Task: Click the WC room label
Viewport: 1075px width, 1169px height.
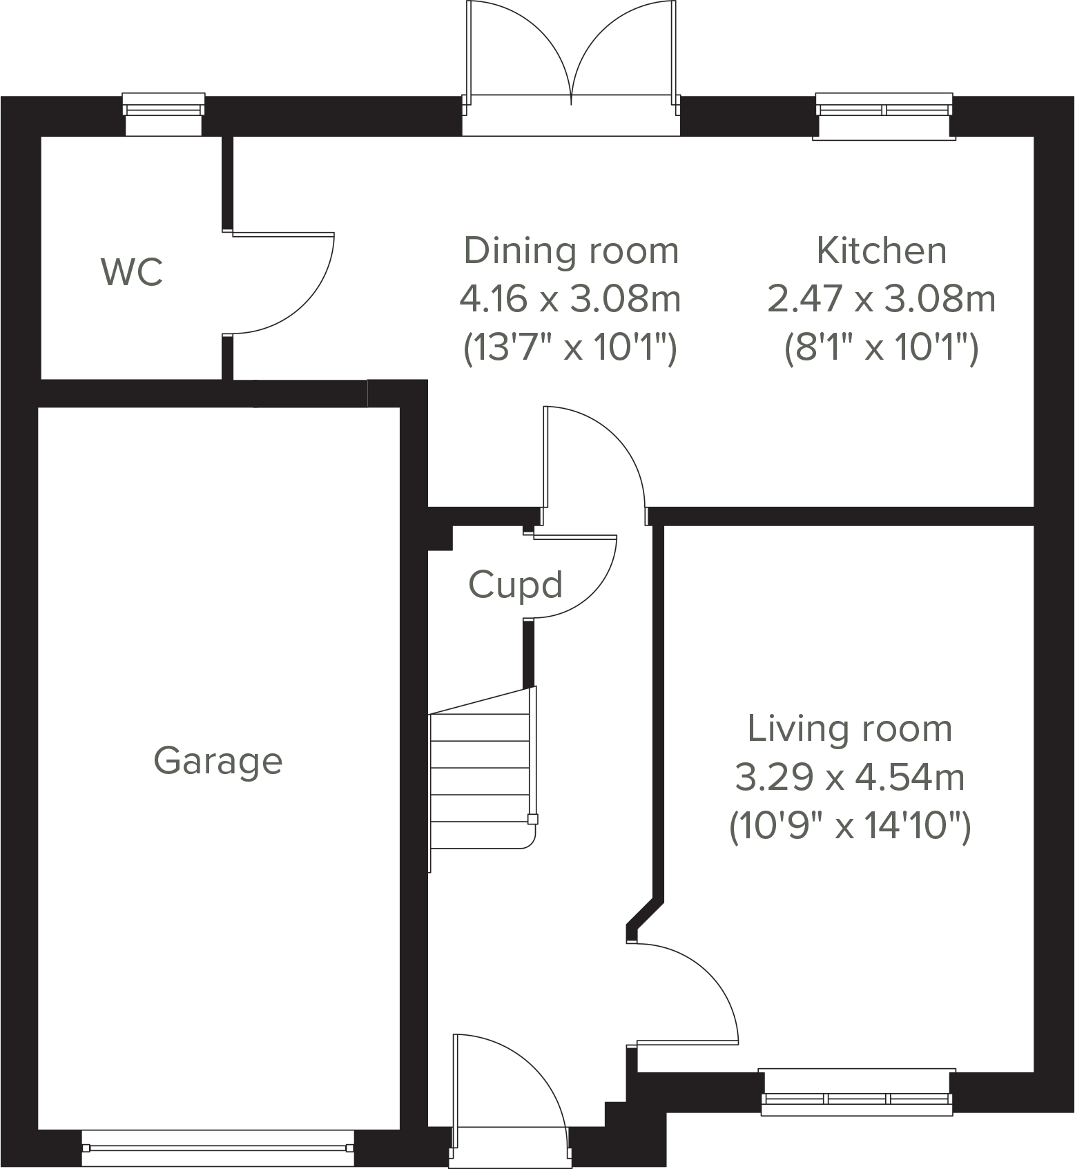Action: (132, 272)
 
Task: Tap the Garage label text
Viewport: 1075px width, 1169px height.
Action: (218, 761)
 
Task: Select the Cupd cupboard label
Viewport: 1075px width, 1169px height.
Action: (515, 585)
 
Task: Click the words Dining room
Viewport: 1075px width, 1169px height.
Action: (571, 251)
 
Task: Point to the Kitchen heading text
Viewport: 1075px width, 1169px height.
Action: (881, 251)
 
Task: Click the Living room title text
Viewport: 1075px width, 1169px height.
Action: (849, 728)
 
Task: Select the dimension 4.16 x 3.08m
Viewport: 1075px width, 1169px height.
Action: (570, 300)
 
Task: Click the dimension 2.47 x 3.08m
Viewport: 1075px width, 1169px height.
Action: (881, 300)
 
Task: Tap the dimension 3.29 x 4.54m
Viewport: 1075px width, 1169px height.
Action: (849, 777)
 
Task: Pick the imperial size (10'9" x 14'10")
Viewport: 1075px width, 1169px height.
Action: (849, 827)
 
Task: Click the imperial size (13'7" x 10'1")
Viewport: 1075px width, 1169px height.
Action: (570, 348)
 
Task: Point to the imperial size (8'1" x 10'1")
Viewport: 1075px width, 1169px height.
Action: (881, 348)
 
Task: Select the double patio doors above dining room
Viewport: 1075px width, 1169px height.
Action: (571, 62)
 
